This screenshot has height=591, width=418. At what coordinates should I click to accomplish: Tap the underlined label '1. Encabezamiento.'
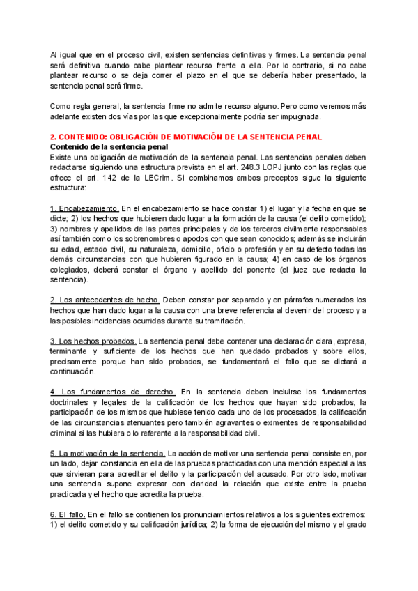tap(85, 209)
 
